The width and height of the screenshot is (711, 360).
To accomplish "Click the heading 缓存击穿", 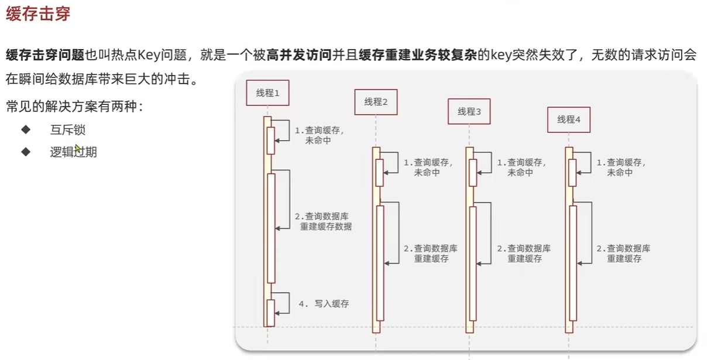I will pos(38,14).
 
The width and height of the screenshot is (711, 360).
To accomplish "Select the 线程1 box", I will pos(267,92).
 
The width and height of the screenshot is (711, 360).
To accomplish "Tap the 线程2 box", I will pos(376,102).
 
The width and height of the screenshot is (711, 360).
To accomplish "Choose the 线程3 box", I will pos(469,111).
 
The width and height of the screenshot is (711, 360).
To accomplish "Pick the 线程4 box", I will pos(568,119).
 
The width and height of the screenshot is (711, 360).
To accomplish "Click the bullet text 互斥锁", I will pos(68,130).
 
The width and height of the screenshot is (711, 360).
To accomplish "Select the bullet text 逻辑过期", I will pos(73,152).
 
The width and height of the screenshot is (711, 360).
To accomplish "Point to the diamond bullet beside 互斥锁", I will pos(26,129).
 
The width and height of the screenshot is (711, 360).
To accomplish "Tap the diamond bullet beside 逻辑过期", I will pos(26,152).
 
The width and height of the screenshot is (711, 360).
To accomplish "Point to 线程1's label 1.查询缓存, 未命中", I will pos(318,135).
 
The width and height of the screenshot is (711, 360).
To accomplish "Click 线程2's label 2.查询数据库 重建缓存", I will pos(431,253).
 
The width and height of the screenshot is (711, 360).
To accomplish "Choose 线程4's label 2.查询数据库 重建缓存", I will pos(623,253).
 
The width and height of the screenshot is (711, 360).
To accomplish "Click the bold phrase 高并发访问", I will pos(299,56).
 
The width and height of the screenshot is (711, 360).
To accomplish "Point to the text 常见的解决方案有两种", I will pos(74,107).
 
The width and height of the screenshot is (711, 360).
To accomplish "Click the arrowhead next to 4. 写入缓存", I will pos(277,313).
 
